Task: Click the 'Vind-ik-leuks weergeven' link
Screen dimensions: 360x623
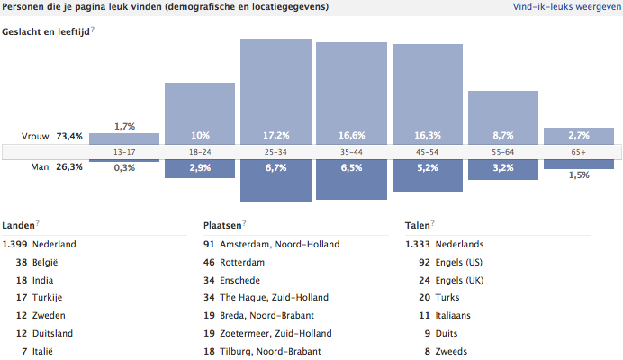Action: tap(565, 6)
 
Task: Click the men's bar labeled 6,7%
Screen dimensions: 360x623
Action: tap(275, 180)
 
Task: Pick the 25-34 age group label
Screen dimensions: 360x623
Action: tap(275, 152)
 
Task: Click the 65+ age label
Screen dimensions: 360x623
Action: tap(579, 152)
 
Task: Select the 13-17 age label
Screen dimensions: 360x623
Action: tap(124, 152)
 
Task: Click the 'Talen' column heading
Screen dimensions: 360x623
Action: tap(417, 225)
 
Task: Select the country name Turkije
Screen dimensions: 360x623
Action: tap(50, 298)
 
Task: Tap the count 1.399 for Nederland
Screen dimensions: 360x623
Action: tap(15, 244)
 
